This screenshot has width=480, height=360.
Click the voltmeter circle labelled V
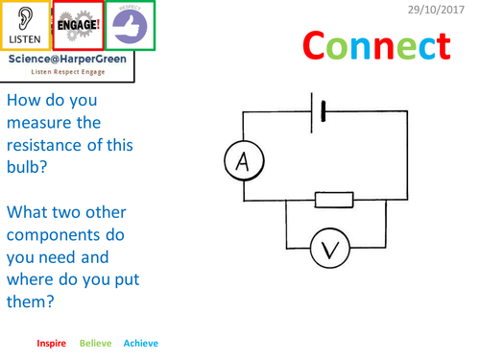click(x=330, y=251)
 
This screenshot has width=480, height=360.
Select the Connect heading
click(x=376, y=45)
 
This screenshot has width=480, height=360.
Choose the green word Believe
click(x=95, y=343)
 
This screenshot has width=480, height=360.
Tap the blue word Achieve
click(x=141, y=343)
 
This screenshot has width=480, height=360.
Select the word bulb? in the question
click(x=30, y=168)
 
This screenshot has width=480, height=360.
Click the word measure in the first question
click(x=40, y=123)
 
